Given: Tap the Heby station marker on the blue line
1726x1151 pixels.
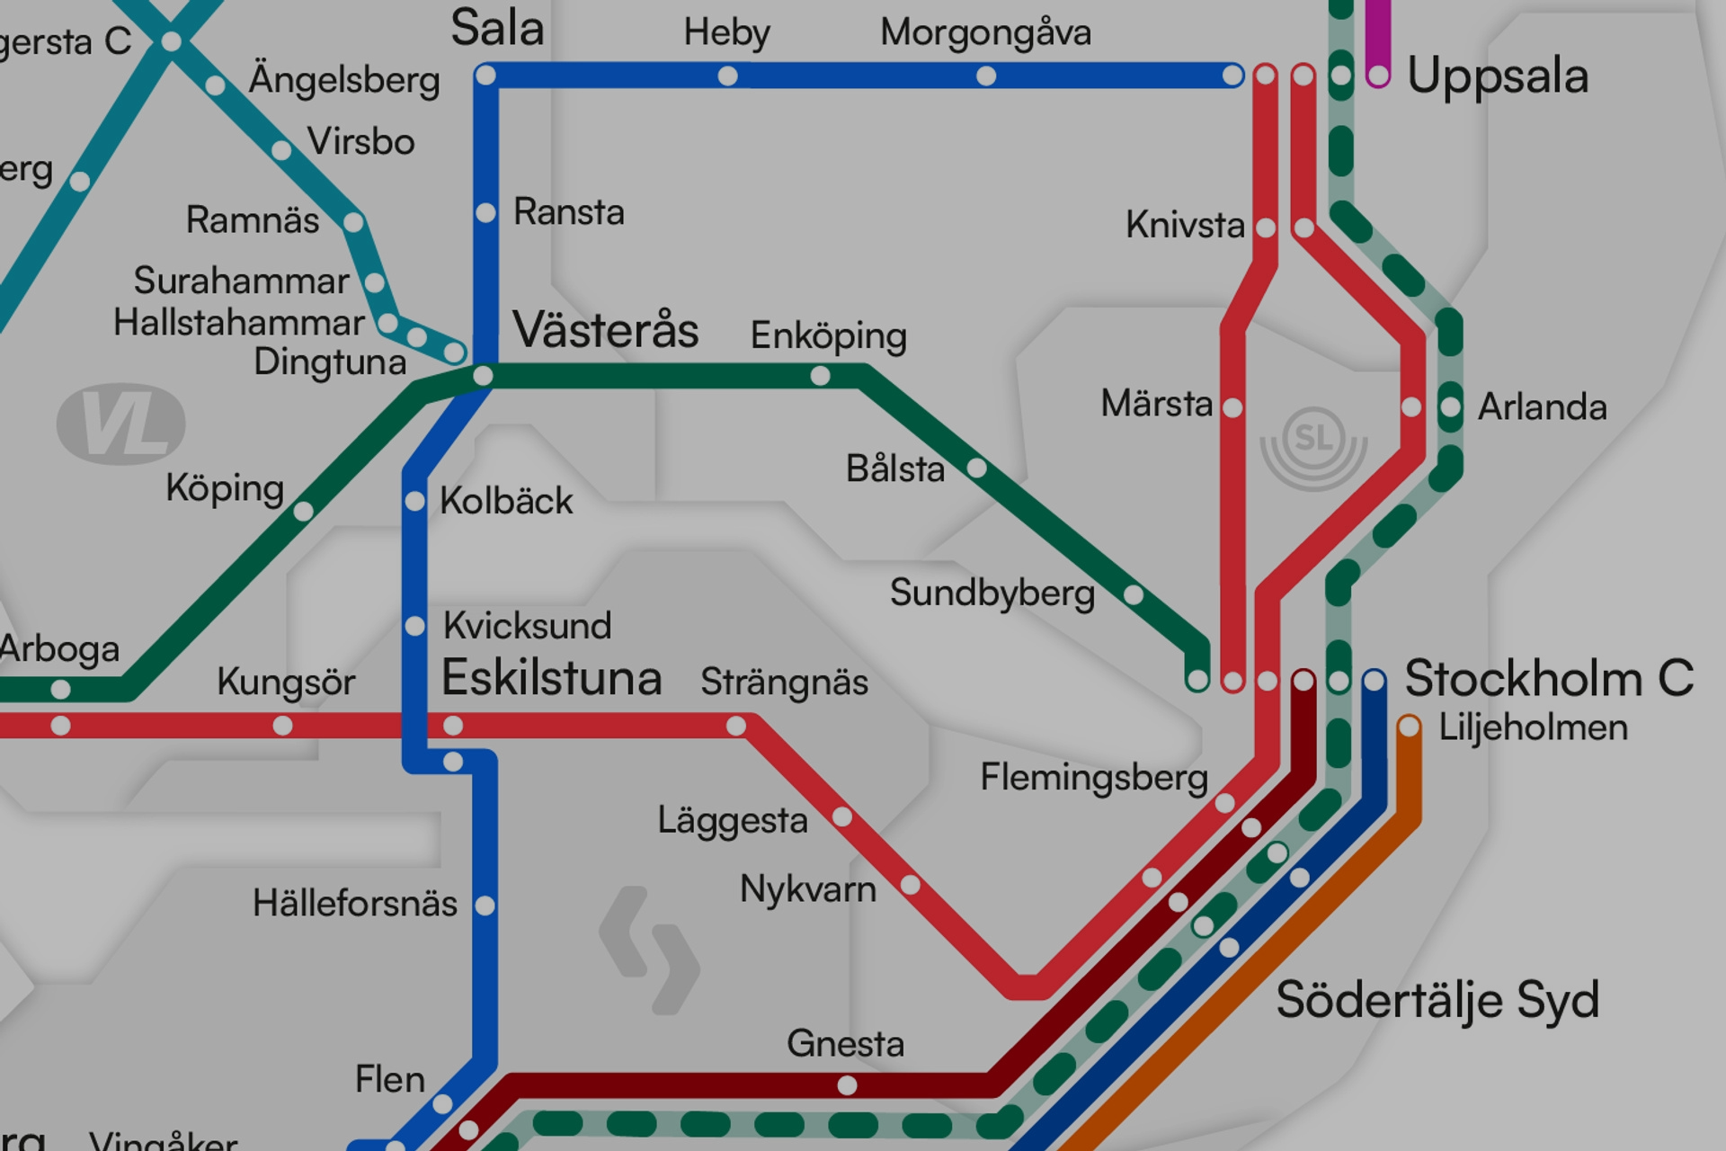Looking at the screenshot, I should (727, 76).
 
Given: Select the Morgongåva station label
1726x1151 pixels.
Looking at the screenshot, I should (985, 32).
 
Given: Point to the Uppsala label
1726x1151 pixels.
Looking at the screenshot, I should (1497, 76).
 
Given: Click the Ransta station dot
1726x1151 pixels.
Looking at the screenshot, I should (485, 213).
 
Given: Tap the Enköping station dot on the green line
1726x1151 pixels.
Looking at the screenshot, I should (820, 376).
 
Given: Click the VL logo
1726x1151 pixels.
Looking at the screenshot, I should (121, 424).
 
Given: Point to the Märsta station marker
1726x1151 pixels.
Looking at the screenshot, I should (1232, 408).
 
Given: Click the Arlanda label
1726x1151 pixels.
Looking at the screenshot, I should (1542, 407).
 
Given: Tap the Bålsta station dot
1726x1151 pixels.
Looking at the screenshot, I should (976, 468).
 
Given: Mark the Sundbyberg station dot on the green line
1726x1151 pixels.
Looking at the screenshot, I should (1134, 594).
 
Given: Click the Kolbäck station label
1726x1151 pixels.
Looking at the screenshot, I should (506, 501).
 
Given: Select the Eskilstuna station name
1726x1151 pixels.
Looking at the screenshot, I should (551, 678).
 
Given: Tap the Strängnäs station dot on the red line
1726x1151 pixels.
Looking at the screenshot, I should (736, 726).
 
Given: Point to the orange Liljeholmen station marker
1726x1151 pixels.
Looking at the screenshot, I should (1409, 727).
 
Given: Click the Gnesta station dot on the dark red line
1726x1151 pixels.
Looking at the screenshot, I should (847, 1085).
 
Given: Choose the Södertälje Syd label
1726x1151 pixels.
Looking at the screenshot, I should (1437, 1000).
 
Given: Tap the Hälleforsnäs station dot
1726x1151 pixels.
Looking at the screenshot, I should (485, 906).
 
